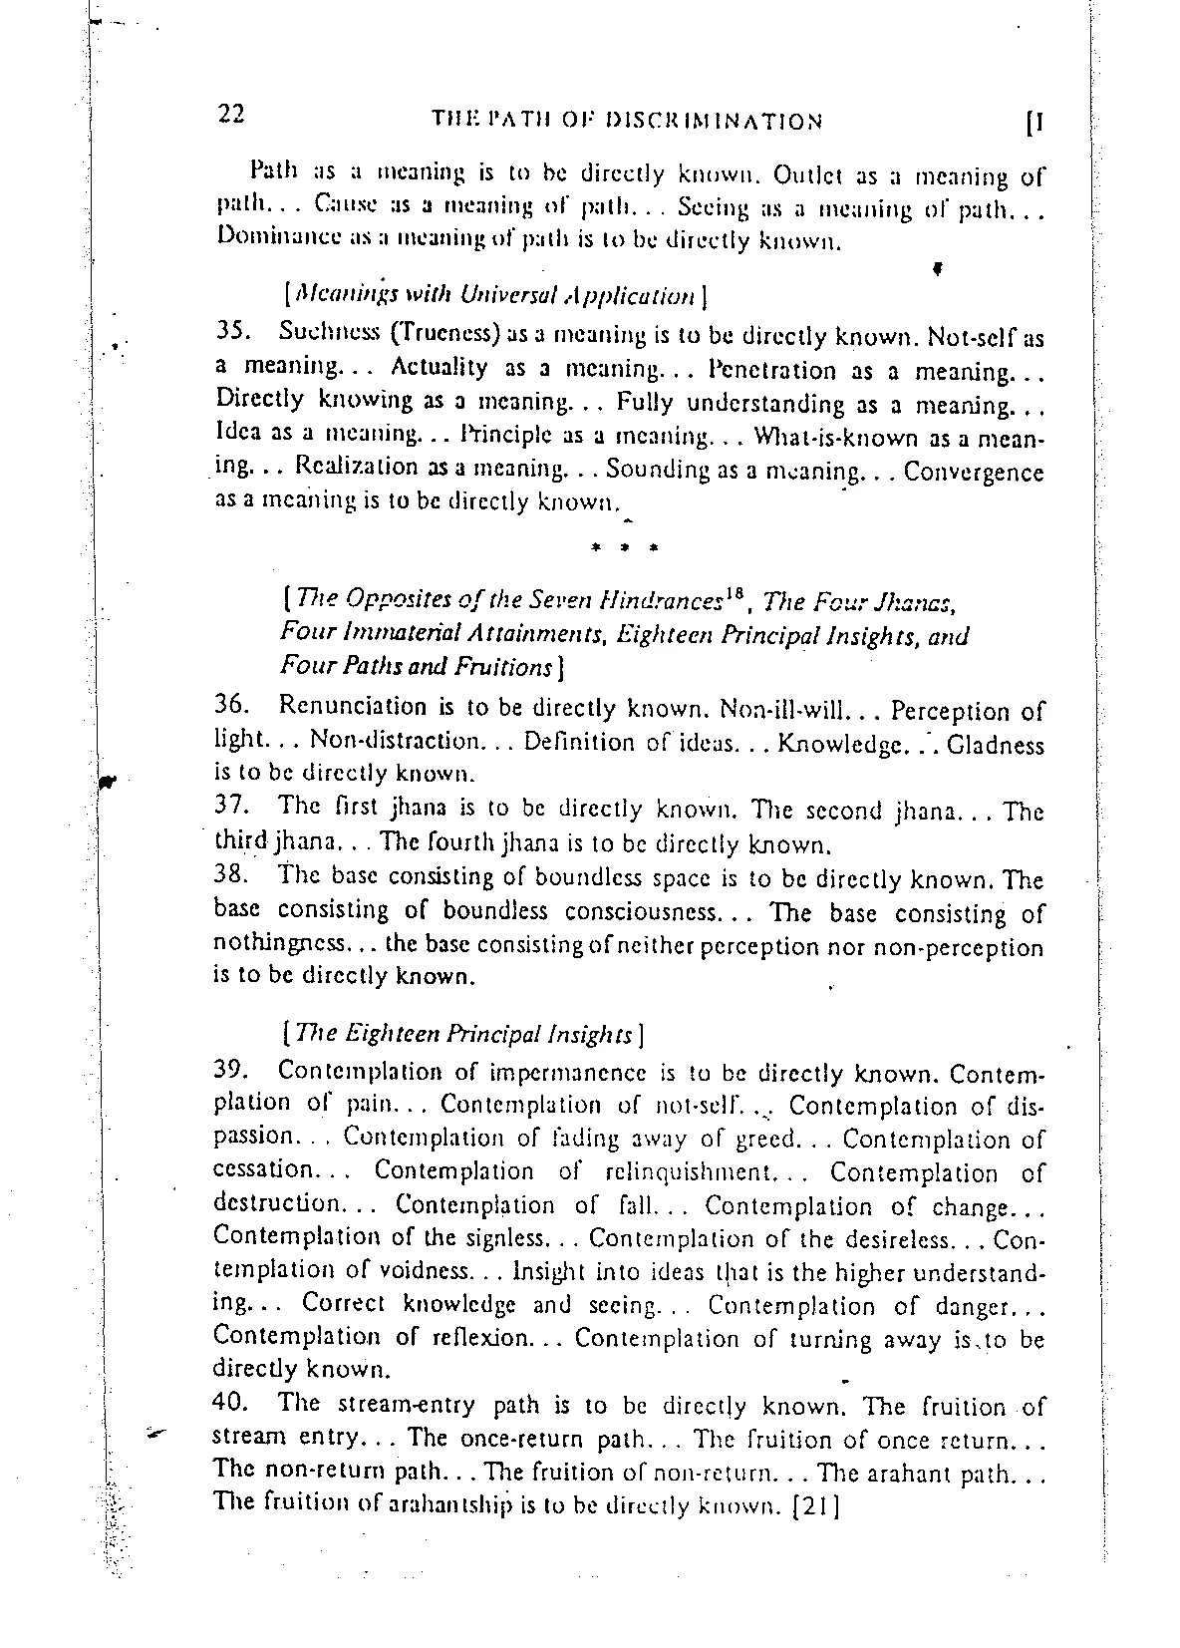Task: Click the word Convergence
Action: tap(974, 472)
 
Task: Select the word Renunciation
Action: tap(353, 707)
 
